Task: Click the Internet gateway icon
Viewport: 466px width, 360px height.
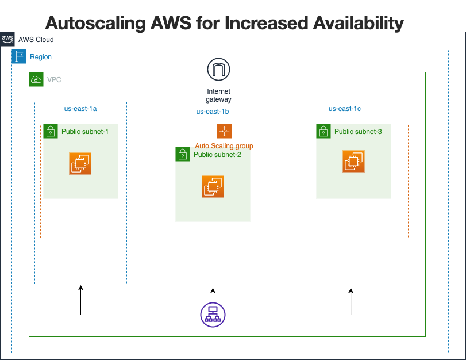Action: coord(218,70)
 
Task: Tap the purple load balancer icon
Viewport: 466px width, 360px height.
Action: coord(213,315)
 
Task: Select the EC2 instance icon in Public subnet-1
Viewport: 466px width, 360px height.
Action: coord(80,163)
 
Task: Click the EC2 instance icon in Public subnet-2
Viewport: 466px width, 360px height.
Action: coord(213,186)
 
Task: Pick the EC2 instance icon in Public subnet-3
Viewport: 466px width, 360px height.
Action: coord(353,161)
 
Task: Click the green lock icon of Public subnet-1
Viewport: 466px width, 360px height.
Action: coord(50,131)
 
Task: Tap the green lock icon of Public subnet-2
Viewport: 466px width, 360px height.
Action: coord(182,154)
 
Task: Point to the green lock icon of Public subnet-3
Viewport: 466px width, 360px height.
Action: coord(323,131)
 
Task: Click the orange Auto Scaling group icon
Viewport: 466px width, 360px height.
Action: coord(224,131)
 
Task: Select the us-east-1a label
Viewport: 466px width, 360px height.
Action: coord(80,108)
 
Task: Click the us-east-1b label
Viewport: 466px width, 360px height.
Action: coord(212,112)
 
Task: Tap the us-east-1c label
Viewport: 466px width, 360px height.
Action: coord(344,108)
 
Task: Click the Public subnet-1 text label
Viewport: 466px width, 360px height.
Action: coord(85,132)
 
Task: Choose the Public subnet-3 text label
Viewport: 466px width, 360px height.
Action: coord(358,132)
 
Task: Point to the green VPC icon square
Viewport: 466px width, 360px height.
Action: coord(36,79)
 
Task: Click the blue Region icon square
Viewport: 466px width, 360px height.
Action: coord(19,56)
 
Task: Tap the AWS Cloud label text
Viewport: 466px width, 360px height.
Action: coord(36,40)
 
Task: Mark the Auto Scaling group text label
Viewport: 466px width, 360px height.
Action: coord(224,146)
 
